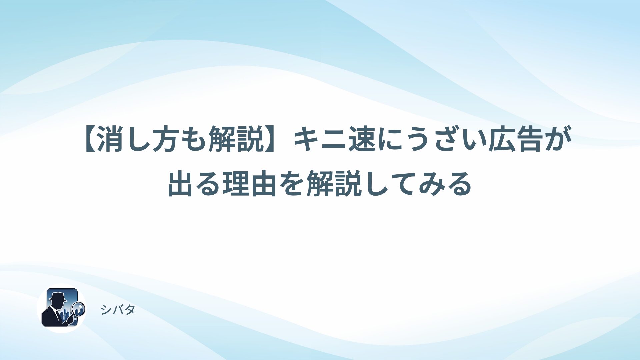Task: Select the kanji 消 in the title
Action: coord(111,140)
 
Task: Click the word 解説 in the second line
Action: coord(334,184)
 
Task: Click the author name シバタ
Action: coord(118,310)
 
